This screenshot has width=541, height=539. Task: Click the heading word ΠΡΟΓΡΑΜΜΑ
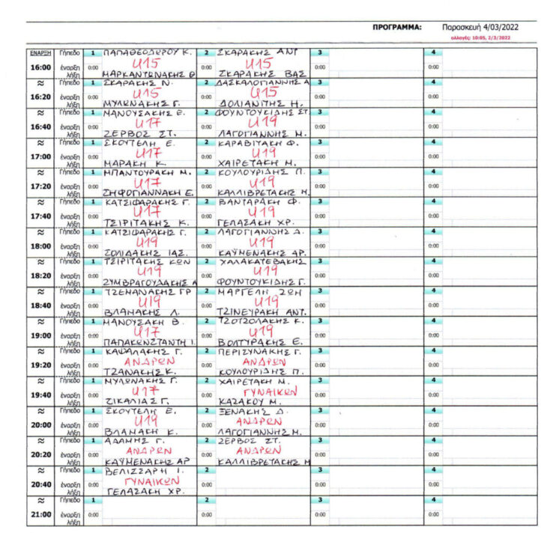[x=397, y=27]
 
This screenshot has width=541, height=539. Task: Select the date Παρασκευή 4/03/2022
[x=475, y=27]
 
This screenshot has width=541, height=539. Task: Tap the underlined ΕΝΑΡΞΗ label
[x=40, y=53]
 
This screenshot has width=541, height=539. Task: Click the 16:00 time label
[x=40, y=67]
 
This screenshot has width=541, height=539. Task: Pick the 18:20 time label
[x=40, y=276]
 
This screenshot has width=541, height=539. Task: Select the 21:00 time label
[x=40, y=515]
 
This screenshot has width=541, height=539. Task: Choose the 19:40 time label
[x=40, y=395]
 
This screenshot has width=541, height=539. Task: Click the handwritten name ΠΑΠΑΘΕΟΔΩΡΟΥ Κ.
[x=147, y=53]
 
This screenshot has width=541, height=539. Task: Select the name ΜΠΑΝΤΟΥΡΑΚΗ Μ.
[x=148, y=173]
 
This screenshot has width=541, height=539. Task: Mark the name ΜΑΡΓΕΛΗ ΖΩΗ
[x=253, y=293]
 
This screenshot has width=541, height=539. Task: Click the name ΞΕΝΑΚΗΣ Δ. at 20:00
[x=249, y=412]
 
